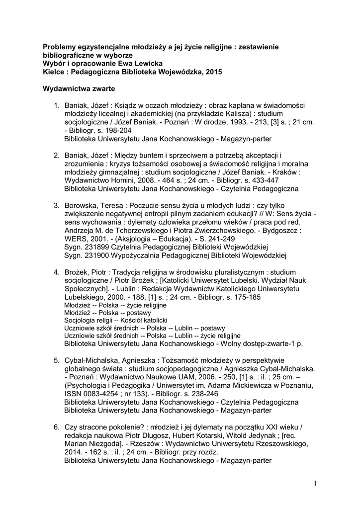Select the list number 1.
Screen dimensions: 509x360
tap(56, 106)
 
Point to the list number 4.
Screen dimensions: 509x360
tap(56, 272)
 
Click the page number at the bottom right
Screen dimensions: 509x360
tap(315, 483)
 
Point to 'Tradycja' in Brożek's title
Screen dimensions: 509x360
tap(126, 272)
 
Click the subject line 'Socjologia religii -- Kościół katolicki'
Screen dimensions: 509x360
tap(116, 321)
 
